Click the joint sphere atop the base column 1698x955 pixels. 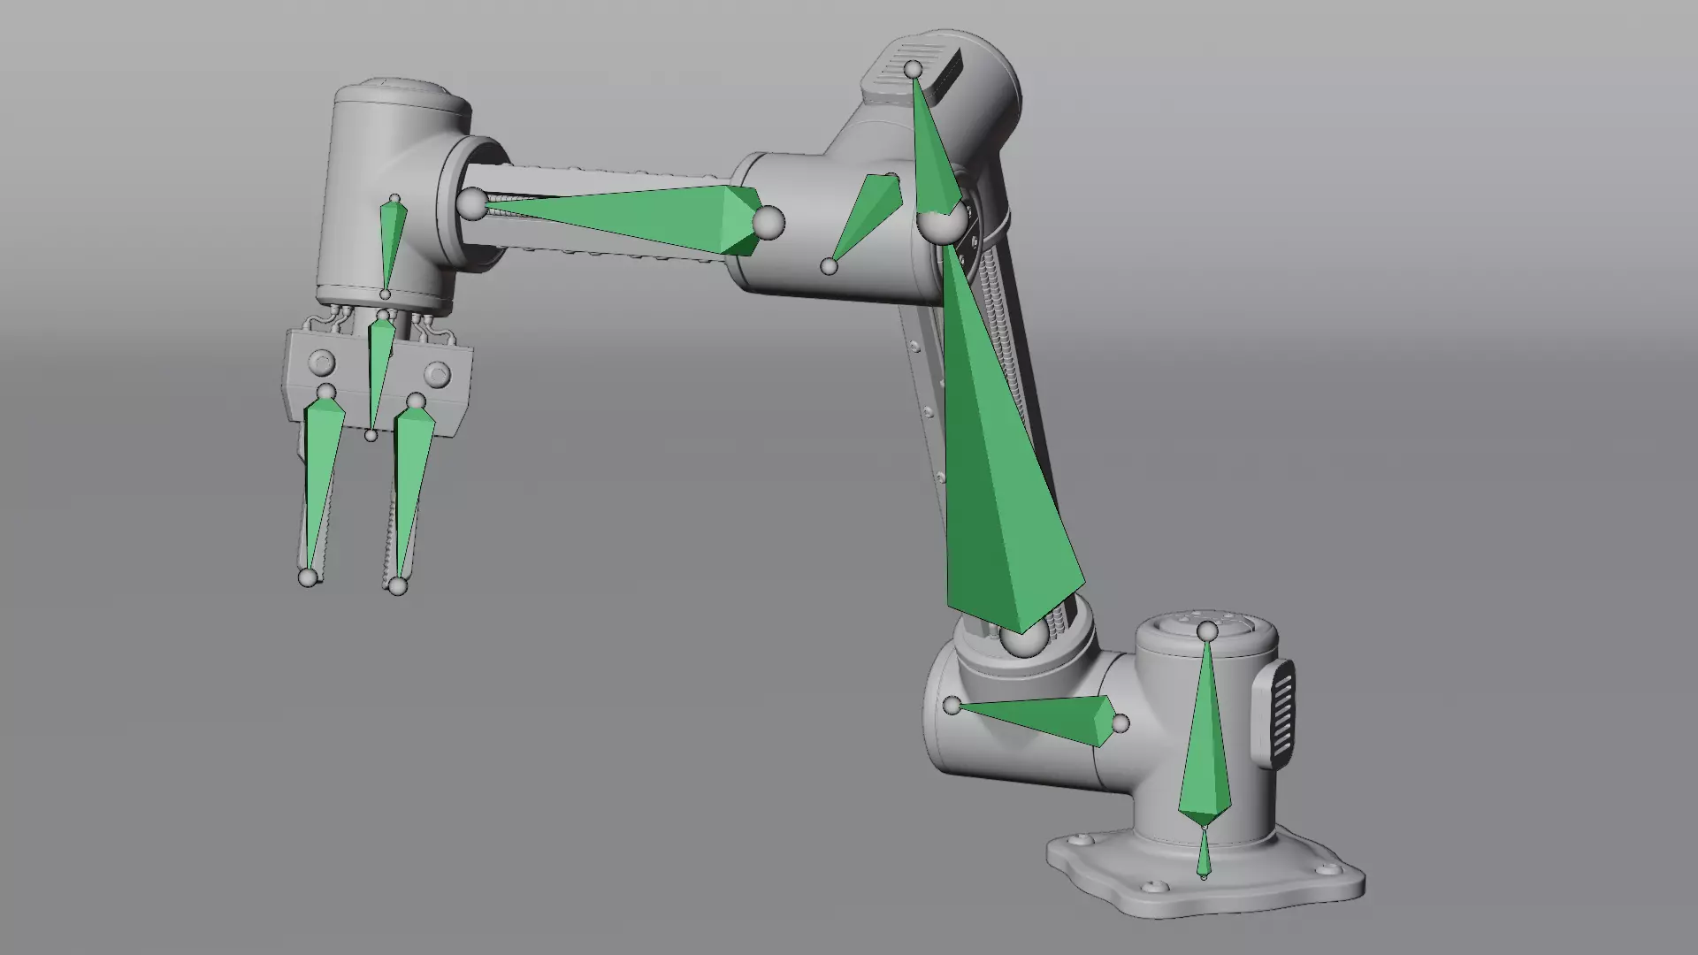(1207, 630)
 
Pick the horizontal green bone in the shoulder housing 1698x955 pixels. (1052, 717)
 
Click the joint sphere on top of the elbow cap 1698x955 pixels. (913, 69)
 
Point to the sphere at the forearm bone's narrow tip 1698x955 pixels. (472, 204)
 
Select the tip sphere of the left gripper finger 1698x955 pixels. (308, 577)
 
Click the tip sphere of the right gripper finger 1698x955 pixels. (398, 585)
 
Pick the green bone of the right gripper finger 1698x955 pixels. (411, 477)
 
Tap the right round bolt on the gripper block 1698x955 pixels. (436, 373)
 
